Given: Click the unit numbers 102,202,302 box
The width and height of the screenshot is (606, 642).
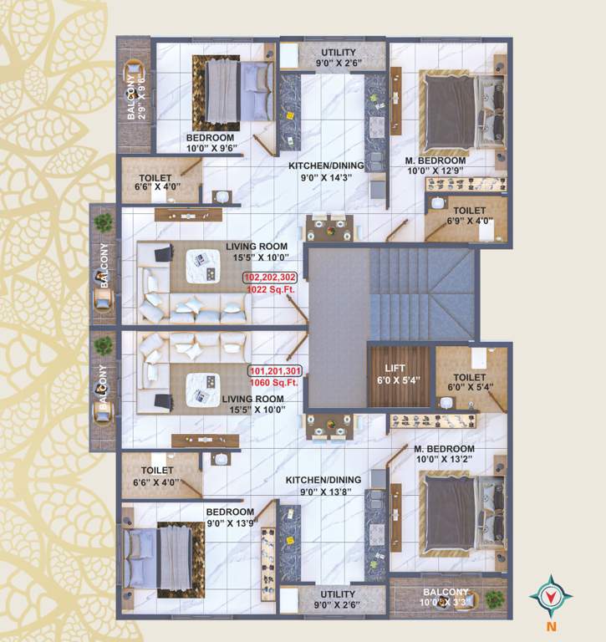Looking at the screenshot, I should click(x=272, y=278).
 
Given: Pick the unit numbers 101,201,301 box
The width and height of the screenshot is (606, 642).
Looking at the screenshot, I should click(x=275, y=370).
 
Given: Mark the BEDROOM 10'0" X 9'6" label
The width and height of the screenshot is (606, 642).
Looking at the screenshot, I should click(x=212, y=144).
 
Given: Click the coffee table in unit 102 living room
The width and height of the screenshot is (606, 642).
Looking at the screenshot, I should click(x=201, y=259).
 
